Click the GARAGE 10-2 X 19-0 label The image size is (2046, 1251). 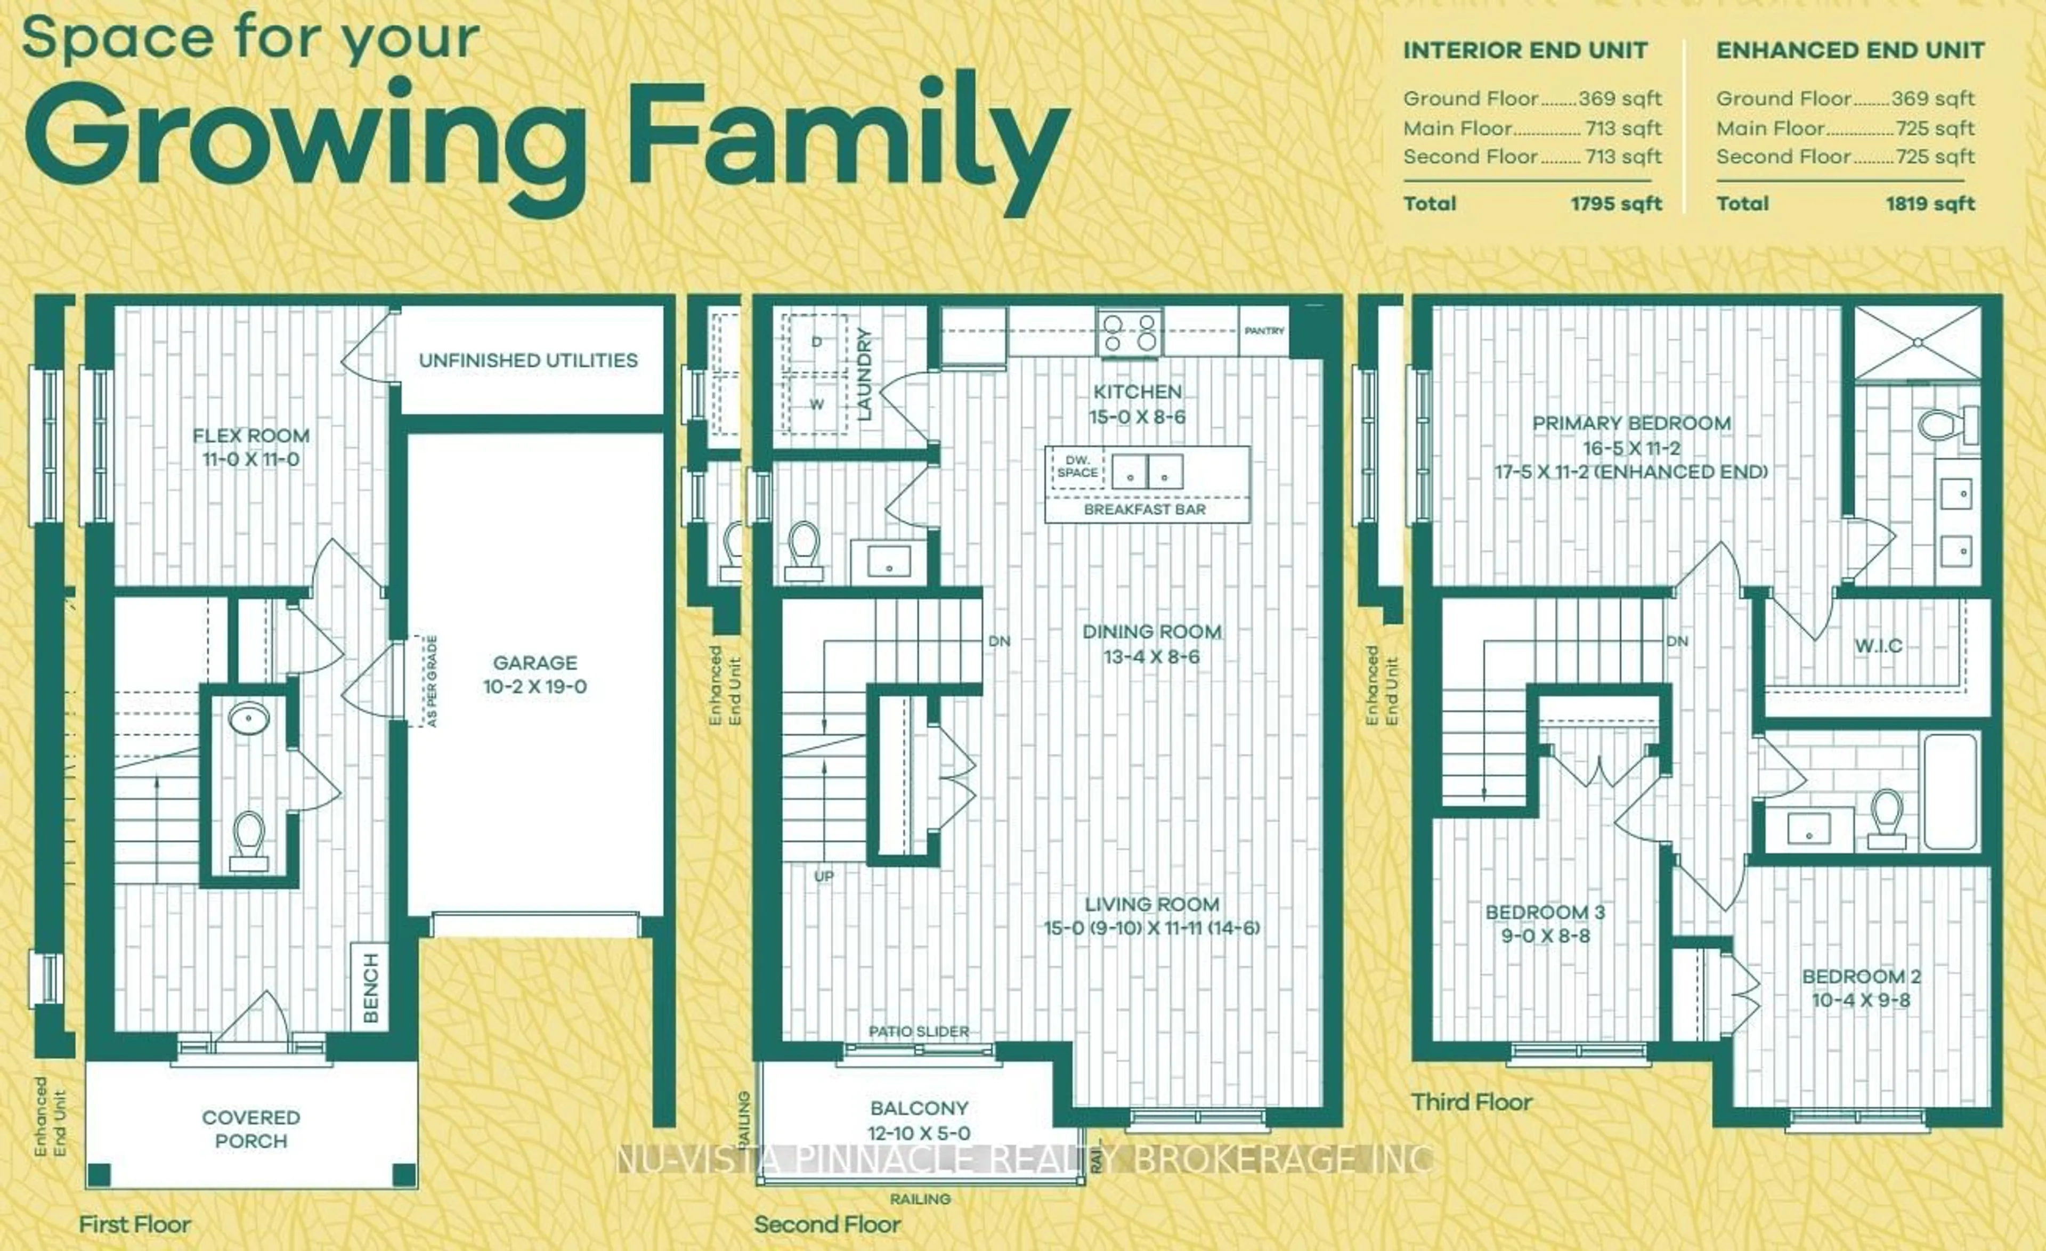pyautogui.click(x=535, y=674)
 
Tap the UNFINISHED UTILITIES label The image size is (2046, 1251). pyautogui.click(x=528, y=360)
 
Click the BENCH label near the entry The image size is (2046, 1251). pyautogui.click(x=370, y=988)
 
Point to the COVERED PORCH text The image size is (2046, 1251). pyautogui.click(x=251, y=1129)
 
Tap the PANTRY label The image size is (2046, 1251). pyautogui.click(x=1264, y=330)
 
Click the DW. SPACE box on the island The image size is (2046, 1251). pyautogui.click(x=1077, y=467)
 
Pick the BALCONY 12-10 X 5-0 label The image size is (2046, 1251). pyautogui.click(x=919, y=1120)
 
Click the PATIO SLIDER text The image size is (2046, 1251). pyautogui.click(x=919, y=1031)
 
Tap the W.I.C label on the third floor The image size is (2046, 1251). pyautogui.click(x=1878, y=645)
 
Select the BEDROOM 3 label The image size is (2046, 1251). pyautogui.click(x=1545, y=923)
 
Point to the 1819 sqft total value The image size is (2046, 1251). pyautogui.click(x=1930, y=204)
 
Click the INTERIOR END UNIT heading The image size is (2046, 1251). pyautogui.click(x=1524, y=51)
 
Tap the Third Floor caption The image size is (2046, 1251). pyautogui.click(x=1472, y=1102)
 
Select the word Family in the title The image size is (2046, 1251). pyautogui.click(x=847, y=137)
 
